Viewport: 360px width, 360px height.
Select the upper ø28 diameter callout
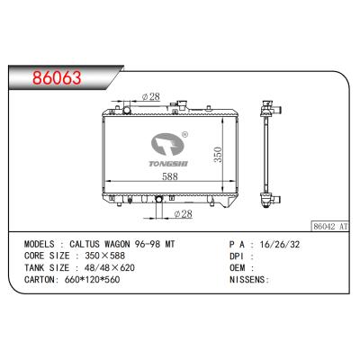151,96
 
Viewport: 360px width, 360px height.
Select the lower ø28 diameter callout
182,214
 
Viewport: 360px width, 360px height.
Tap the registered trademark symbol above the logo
184,136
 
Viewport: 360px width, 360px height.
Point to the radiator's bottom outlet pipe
158,210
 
